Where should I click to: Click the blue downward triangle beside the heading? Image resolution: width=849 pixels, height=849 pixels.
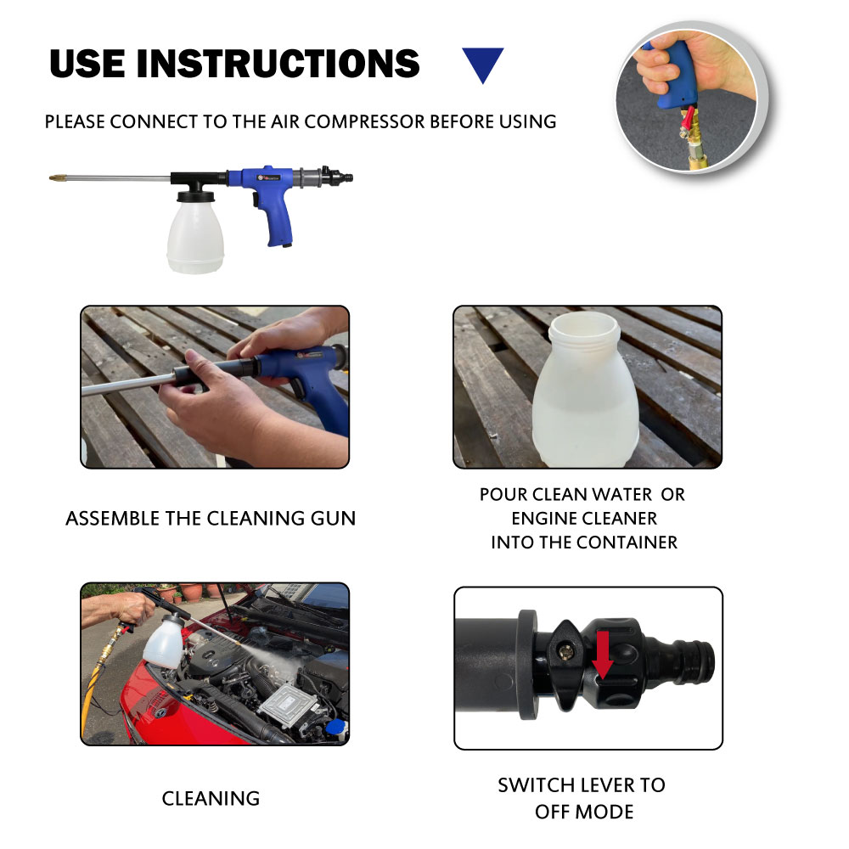[482, 62]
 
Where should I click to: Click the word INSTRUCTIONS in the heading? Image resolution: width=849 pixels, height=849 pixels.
[278, 64]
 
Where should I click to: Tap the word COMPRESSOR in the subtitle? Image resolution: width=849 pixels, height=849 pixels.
[365, 121]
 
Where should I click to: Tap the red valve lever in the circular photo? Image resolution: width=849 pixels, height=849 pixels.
[687, 121]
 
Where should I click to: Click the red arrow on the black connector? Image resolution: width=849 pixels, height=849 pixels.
[602, 655]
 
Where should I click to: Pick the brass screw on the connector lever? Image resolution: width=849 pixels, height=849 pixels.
[566, 653]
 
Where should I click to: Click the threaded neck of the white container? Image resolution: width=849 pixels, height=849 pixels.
[584, 329]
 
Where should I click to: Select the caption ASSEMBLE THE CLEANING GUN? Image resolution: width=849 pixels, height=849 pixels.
[211, 518]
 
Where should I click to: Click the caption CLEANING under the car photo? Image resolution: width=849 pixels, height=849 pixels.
[211, 799]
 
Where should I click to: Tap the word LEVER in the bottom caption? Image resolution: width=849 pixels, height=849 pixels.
[601, 785]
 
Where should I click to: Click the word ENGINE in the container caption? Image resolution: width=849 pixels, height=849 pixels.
[545, 518]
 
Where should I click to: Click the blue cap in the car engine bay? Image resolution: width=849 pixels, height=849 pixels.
[337, 726]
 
